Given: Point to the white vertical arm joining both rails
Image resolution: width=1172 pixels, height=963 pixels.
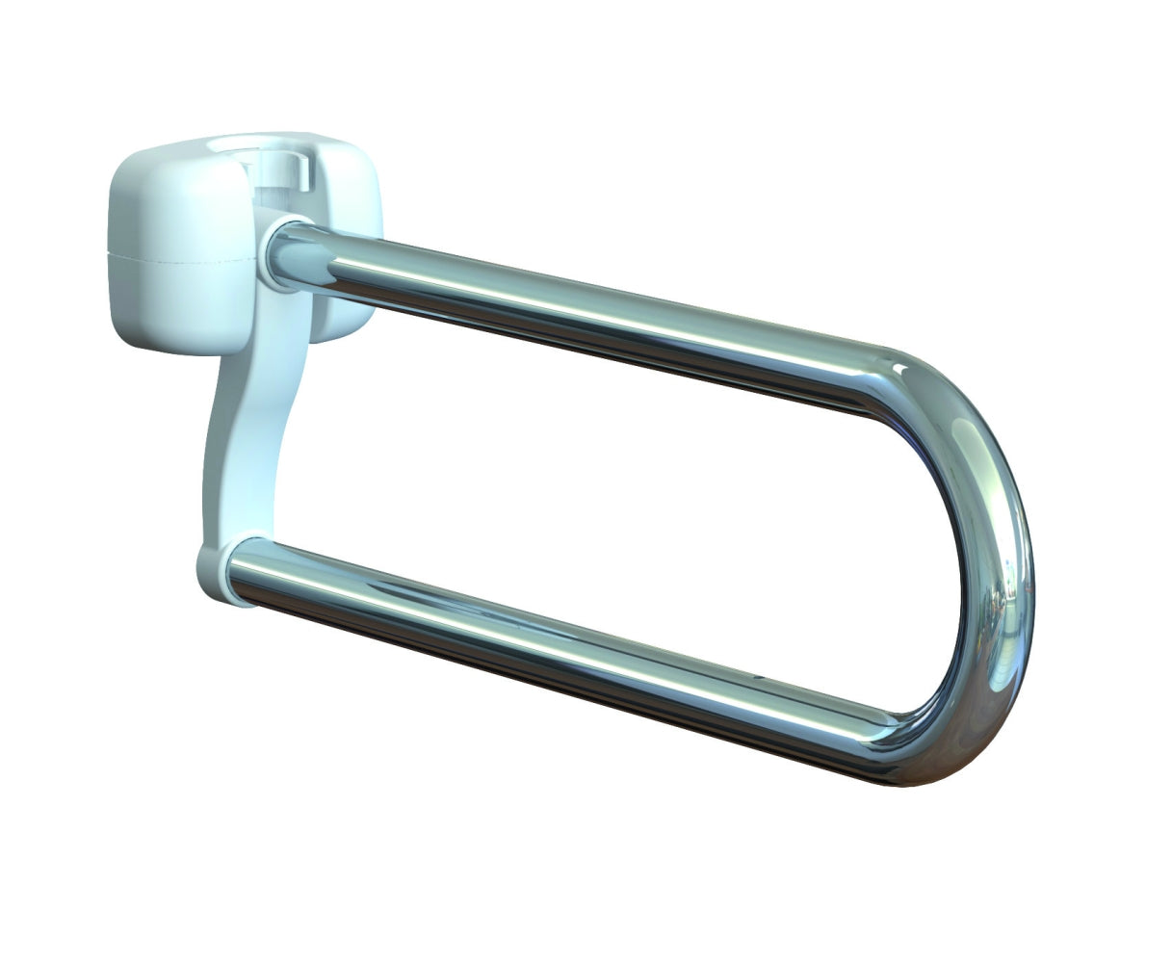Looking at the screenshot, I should [246, 433].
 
